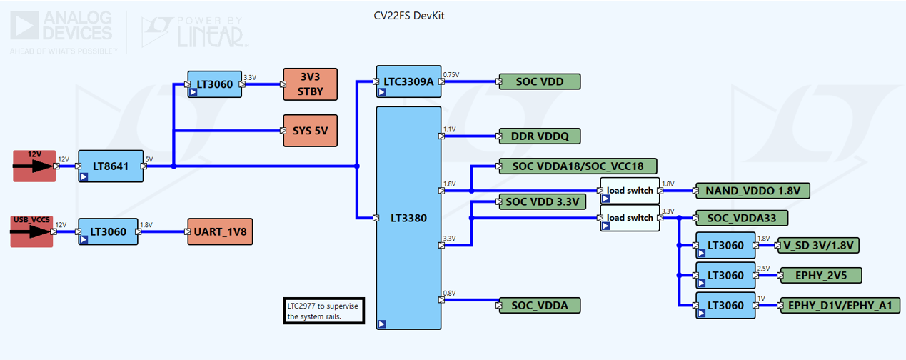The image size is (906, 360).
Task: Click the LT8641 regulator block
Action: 111,166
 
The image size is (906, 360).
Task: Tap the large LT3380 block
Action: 408,218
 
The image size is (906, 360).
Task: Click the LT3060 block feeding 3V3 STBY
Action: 215,85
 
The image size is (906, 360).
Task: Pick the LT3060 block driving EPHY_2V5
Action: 725,275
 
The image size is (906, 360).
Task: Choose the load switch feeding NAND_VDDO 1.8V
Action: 629,191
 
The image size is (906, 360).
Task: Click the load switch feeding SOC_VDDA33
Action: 629,218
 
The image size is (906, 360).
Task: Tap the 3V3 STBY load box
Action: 311,85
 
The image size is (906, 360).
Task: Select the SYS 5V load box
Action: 311,131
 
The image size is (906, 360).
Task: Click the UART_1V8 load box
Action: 219,231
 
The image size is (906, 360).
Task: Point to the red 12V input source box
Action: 34,166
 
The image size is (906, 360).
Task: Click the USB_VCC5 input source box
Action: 31,231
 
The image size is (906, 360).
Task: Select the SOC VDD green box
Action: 540,81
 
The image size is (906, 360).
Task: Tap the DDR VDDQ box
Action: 540,136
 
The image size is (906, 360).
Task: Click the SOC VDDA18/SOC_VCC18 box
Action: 578,166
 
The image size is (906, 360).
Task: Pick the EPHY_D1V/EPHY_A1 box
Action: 840,306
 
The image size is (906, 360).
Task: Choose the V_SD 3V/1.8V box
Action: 818,245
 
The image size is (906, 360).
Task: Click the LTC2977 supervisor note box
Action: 323,311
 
